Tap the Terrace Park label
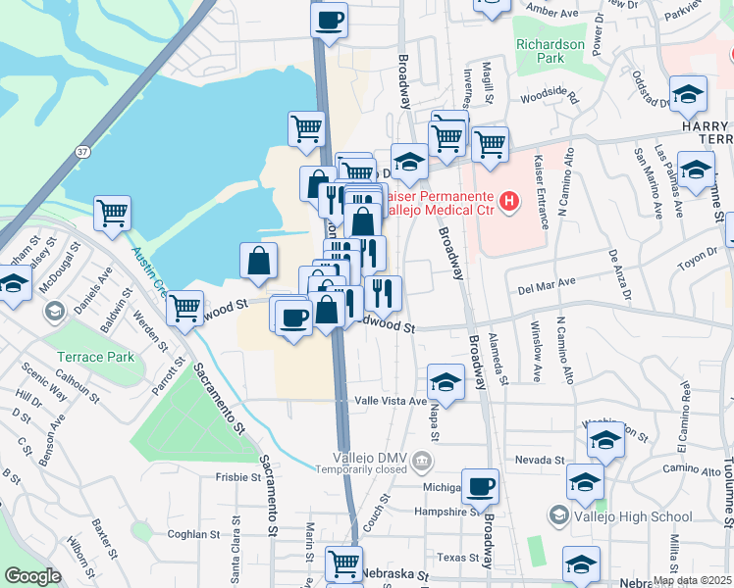point(95,357)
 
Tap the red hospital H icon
point(508,203)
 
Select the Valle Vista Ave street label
point(391,401)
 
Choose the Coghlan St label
point(192,534)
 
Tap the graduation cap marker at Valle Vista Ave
point(446,381)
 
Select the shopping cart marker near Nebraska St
point(343,563)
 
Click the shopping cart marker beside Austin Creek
point(113,213)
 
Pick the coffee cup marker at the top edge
point(329,19)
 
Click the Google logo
point(32,576)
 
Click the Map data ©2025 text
point(691,580)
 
